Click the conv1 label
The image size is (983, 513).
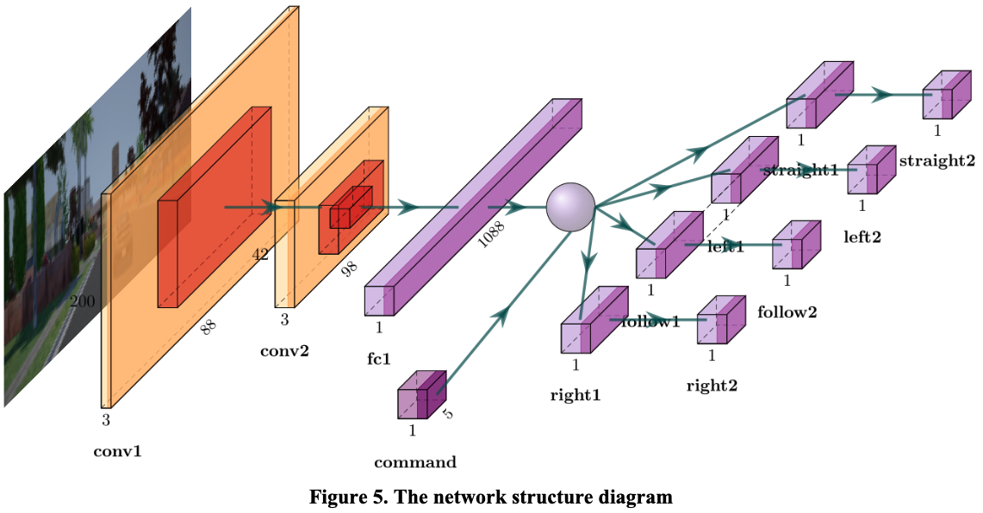[117, 450]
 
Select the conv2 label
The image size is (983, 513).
[283, 350]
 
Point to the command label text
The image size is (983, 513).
[414, 462]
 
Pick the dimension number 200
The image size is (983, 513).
[84, 301]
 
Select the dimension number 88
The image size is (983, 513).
[208, 326]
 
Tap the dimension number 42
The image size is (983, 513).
[259, 254]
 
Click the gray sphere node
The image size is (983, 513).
[570, 207]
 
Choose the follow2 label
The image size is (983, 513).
[787, 312]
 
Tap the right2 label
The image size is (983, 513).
[712, 385]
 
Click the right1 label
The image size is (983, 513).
[575, 395]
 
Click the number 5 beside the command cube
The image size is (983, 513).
[448, 414]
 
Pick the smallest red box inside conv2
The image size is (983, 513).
[351, 207]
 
